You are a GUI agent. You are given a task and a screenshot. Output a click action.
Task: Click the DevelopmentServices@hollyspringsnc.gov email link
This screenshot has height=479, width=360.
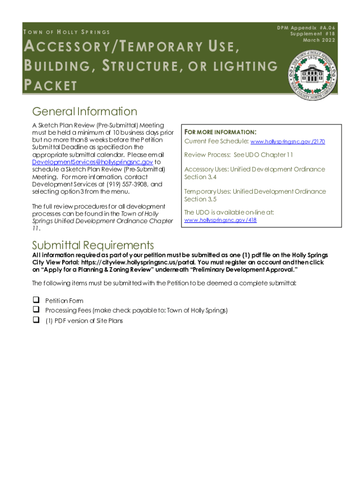pyautogui.click(x=92, y=162)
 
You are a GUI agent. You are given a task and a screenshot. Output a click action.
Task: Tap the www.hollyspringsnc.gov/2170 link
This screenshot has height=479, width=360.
pyautogui.click(x=288, y=141)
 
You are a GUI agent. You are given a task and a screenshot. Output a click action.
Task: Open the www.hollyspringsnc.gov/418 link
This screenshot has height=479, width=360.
pyautogui.click(x=220, y=220)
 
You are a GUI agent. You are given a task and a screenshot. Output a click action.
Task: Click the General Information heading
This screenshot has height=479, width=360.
pyautogui.click(x=85, y=112)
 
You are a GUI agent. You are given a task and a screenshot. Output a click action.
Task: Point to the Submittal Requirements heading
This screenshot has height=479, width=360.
pyautogui.click(x=93, y=245)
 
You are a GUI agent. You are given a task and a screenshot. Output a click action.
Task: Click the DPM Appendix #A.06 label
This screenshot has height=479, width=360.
pyautogui.click(x=306, y=28)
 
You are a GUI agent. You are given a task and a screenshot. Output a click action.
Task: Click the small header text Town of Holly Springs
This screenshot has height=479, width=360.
pyautogui.click(x=66, y=32)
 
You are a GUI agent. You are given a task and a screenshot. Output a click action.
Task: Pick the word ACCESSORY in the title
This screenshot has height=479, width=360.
pyautogui.click(x=65, y=47)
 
